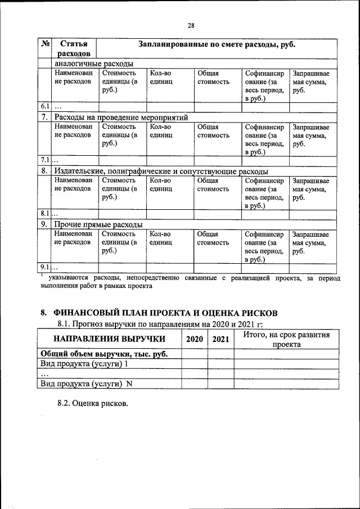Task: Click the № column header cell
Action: [x=46, y=44]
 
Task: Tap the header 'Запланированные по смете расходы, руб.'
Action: [x=217, y=44]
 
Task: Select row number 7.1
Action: [x=45, y=160]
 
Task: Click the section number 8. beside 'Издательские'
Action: [x=44, y=171]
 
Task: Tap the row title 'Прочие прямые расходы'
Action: [x=98, y=224]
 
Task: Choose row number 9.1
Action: [x=45, y=267]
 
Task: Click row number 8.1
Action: [x=45, y=214]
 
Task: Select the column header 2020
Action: [x=194, y=339]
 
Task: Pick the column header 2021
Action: [x=220, y=339]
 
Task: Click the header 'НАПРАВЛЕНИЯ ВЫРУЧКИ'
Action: [x=109, y=339]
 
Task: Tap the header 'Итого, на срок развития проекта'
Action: [x=286, y=339]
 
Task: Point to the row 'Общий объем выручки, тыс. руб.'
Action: [x=104, y=354]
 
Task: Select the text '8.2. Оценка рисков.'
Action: [x=93, y=404]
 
